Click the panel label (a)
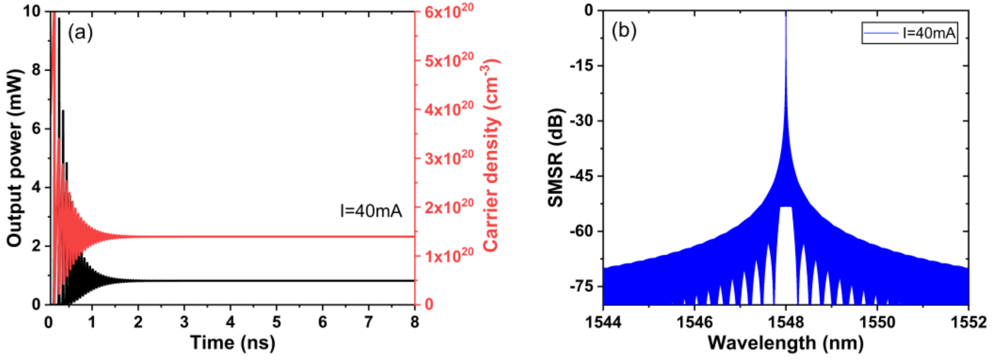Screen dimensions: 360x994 point(80,33)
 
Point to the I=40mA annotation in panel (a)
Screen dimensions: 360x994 point(371,211)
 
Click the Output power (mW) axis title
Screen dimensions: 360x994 point(15,158)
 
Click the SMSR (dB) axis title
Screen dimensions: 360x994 point(556,158)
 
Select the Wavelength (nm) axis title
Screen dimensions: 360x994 point(785,343)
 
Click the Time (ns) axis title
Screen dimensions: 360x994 point(233,343)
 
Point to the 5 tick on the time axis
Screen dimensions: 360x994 point(276,322)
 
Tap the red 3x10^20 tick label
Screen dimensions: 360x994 point(449,158)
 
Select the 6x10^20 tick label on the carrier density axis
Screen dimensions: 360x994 point(449,12)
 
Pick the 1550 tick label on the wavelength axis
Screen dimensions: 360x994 point(877,322)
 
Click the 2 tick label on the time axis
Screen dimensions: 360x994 point(138,322)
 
